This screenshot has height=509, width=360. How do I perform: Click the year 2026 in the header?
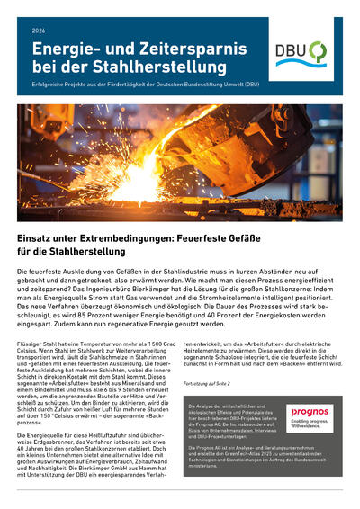click(x=38, y=31)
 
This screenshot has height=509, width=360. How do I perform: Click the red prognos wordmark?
click(x=309, y=387)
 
